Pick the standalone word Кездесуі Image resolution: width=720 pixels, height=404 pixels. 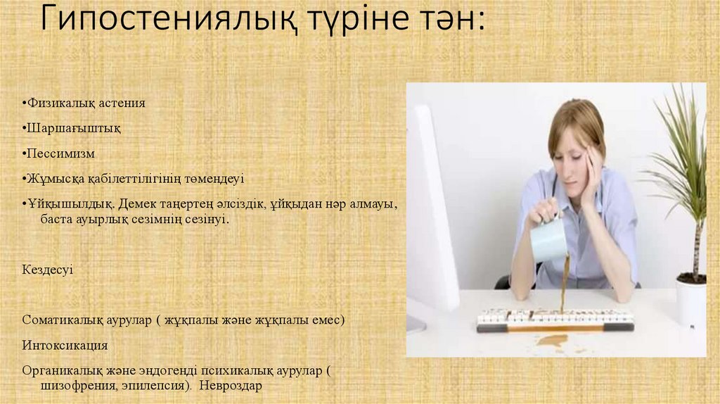click(x=47, y=270)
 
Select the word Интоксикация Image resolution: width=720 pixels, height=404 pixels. click(x=65, y=346)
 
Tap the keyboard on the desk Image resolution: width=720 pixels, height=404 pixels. click(x=555, y=320)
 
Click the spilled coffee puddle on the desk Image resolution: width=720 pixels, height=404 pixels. click(x=552, y=341)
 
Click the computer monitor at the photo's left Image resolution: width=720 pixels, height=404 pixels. click(x=430, y=211)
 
